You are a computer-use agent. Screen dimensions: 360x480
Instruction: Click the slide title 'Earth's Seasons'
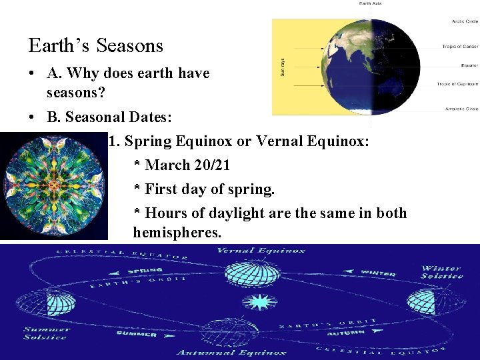pyautogui.click(x=96, y=46)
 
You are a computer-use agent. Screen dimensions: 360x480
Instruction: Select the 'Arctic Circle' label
pyautogui.click(x=465, y=21)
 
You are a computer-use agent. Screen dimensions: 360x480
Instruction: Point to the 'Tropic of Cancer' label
pyautogui.click(x=460, y=47)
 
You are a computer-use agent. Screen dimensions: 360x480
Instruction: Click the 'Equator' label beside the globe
pyautogui.click(x=469, y=65)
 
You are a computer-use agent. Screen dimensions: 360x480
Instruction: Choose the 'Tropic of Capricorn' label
pyautogui.click(x=457, y=84)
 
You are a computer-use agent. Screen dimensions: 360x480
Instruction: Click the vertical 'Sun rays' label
pyautogui.click(x=283, y=66)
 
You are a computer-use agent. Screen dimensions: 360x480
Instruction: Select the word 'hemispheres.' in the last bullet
pyautogui.click(x=177, y=233)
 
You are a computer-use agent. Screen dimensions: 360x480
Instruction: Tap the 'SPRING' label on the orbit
pyautogui.click(x=146, y=272)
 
